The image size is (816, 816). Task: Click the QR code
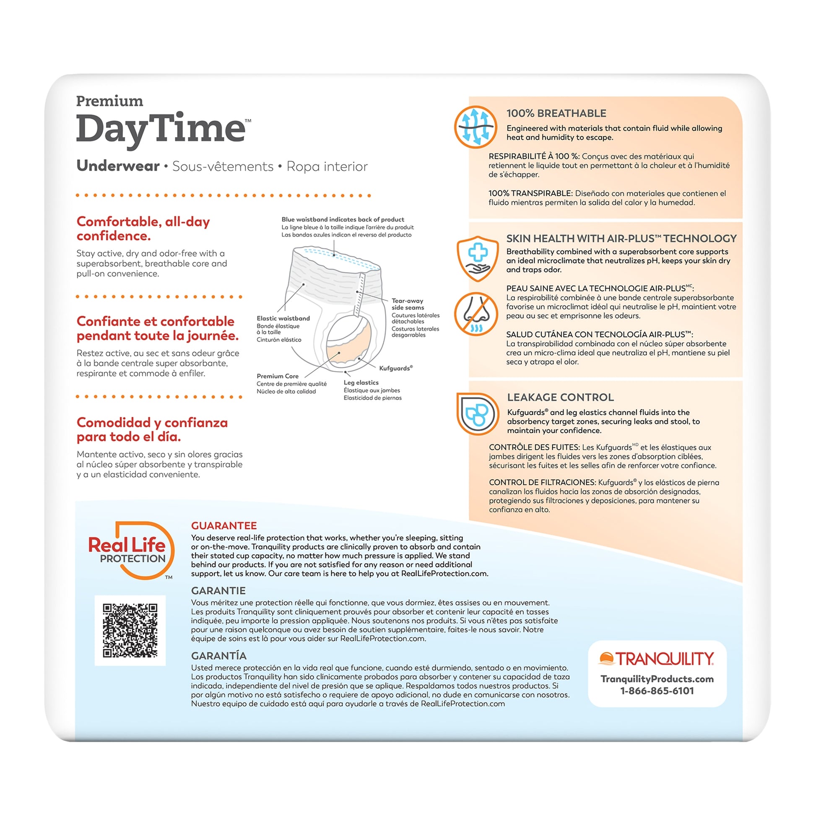130,631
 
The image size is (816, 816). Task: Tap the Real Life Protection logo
131,550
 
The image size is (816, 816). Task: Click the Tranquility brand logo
656,659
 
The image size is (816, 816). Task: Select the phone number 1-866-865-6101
657,691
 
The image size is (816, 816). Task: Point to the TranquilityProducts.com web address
657,679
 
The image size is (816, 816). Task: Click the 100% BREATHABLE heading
556,113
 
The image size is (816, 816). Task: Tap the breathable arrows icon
476,127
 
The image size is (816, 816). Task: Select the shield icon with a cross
477,258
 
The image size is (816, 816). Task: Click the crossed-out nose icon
476,314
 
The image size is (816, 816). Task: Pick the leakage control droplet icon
478,413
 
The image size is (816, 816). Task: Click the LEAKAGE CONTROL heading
561,397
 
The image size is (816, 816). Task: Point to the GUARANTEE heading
224,525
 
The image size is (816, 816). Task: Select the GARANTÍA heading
218,655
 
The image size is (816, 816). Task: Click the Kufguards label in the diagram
395,368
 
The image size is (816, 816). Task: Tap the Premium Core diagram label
278,376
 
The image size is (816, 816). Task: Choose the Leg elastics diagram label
361,382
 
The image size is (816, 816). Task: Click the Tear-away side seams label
408,304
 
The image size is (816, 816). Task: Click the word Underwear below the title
118,166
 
